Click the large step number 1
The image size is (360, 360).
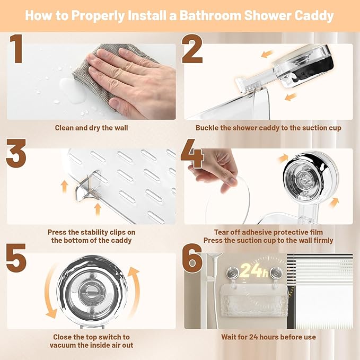[x=16, y=48]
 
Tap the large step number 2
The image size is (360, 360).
[x=192, y=48]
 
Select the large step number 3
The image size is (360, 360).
[x=16, y=153]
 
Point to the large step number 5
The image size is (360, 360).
[x=16, y=258]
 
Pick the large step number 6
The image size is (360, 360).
[x=192, y=258]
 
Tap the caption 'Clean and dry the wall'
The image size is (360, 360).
[x=91, y=128]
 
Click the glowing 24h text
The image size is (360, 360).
[x=254, y=270]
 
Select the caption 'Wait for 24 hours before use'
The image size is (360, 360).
[x=268, y=337]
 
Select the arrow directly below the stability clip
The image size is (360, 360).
[x=98, y=209]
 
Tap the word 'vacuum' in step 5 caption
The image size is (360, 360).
[x=64, y=345]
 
